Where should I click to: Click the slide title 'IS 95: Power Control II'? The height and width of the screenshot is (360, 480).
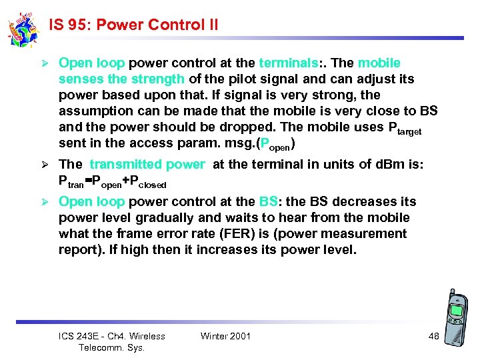(x=133, y=25)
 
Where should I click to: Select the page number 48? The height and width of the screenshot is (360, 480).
(x=433, y=336)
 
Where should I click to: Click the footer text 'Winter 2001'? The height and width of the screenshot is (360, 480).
(x=225, y=336)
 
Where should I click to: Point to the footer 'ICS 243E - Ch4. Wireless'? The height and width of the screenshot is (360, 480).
(x=112, y=336)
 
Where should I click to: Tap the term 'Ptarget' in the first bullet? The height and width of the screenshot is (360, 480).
(x=399, y=127)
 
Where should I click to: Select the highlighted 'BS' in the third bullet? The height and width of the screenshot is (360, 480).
(x=269, y=202)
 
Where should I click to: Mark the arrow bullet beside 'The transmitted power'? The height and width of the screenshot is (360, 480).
(x=45, y=165)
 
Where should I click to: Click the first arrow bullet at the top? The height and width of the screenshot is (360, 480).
(x=45, y=63)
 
